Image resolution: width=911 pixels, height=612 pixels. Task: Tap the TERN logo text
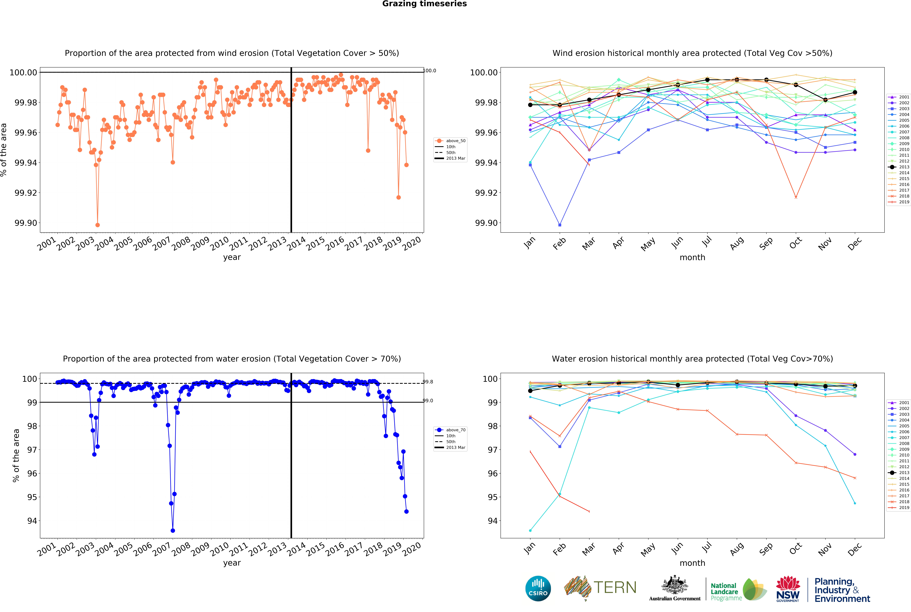(615, 587)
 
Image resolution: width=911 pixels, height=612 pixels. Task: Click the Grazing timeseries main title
(424, 4)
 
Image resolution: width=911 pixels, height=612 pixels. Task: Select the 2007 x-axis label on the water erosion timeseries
(161, 550)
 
